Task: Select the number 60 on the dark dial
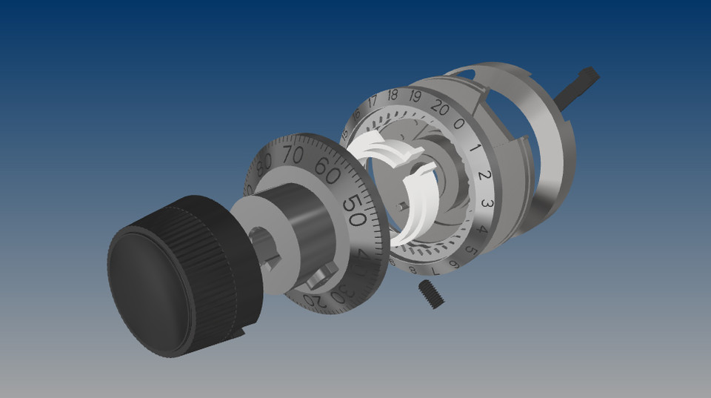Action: pyautogui.click(x=327, y=167)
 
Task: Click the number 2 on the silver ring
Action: pyautogui.click(x=483, y=176)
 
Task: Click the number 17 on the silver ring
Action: pyautogui.click(x=373, y=100)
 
